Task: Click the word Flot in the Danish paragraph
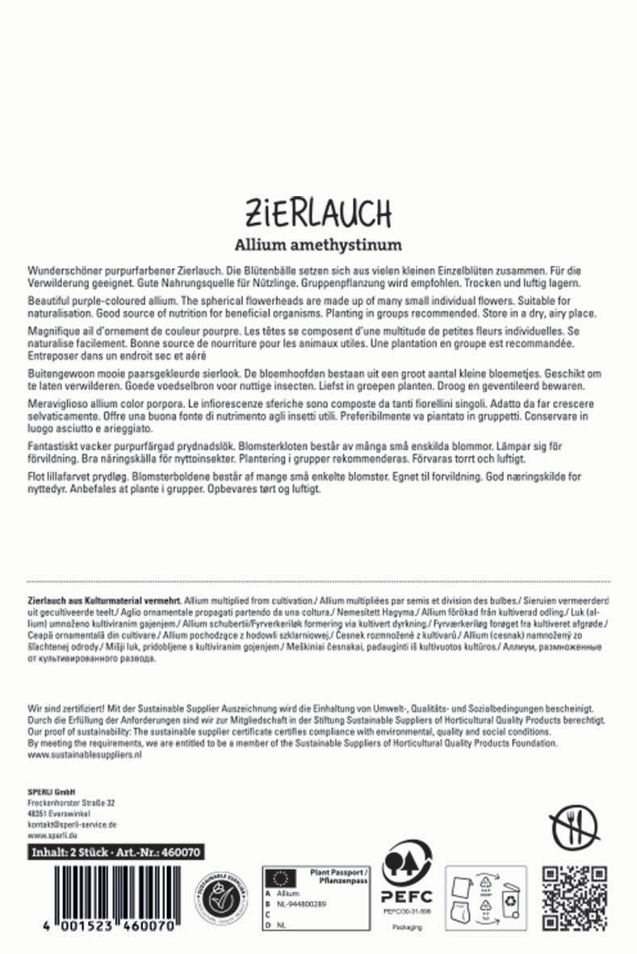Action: [x=36, y=477]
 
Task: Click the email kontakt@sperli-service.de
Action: [x=73, y=824]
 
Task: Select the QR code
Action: [x=573, y=897]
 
